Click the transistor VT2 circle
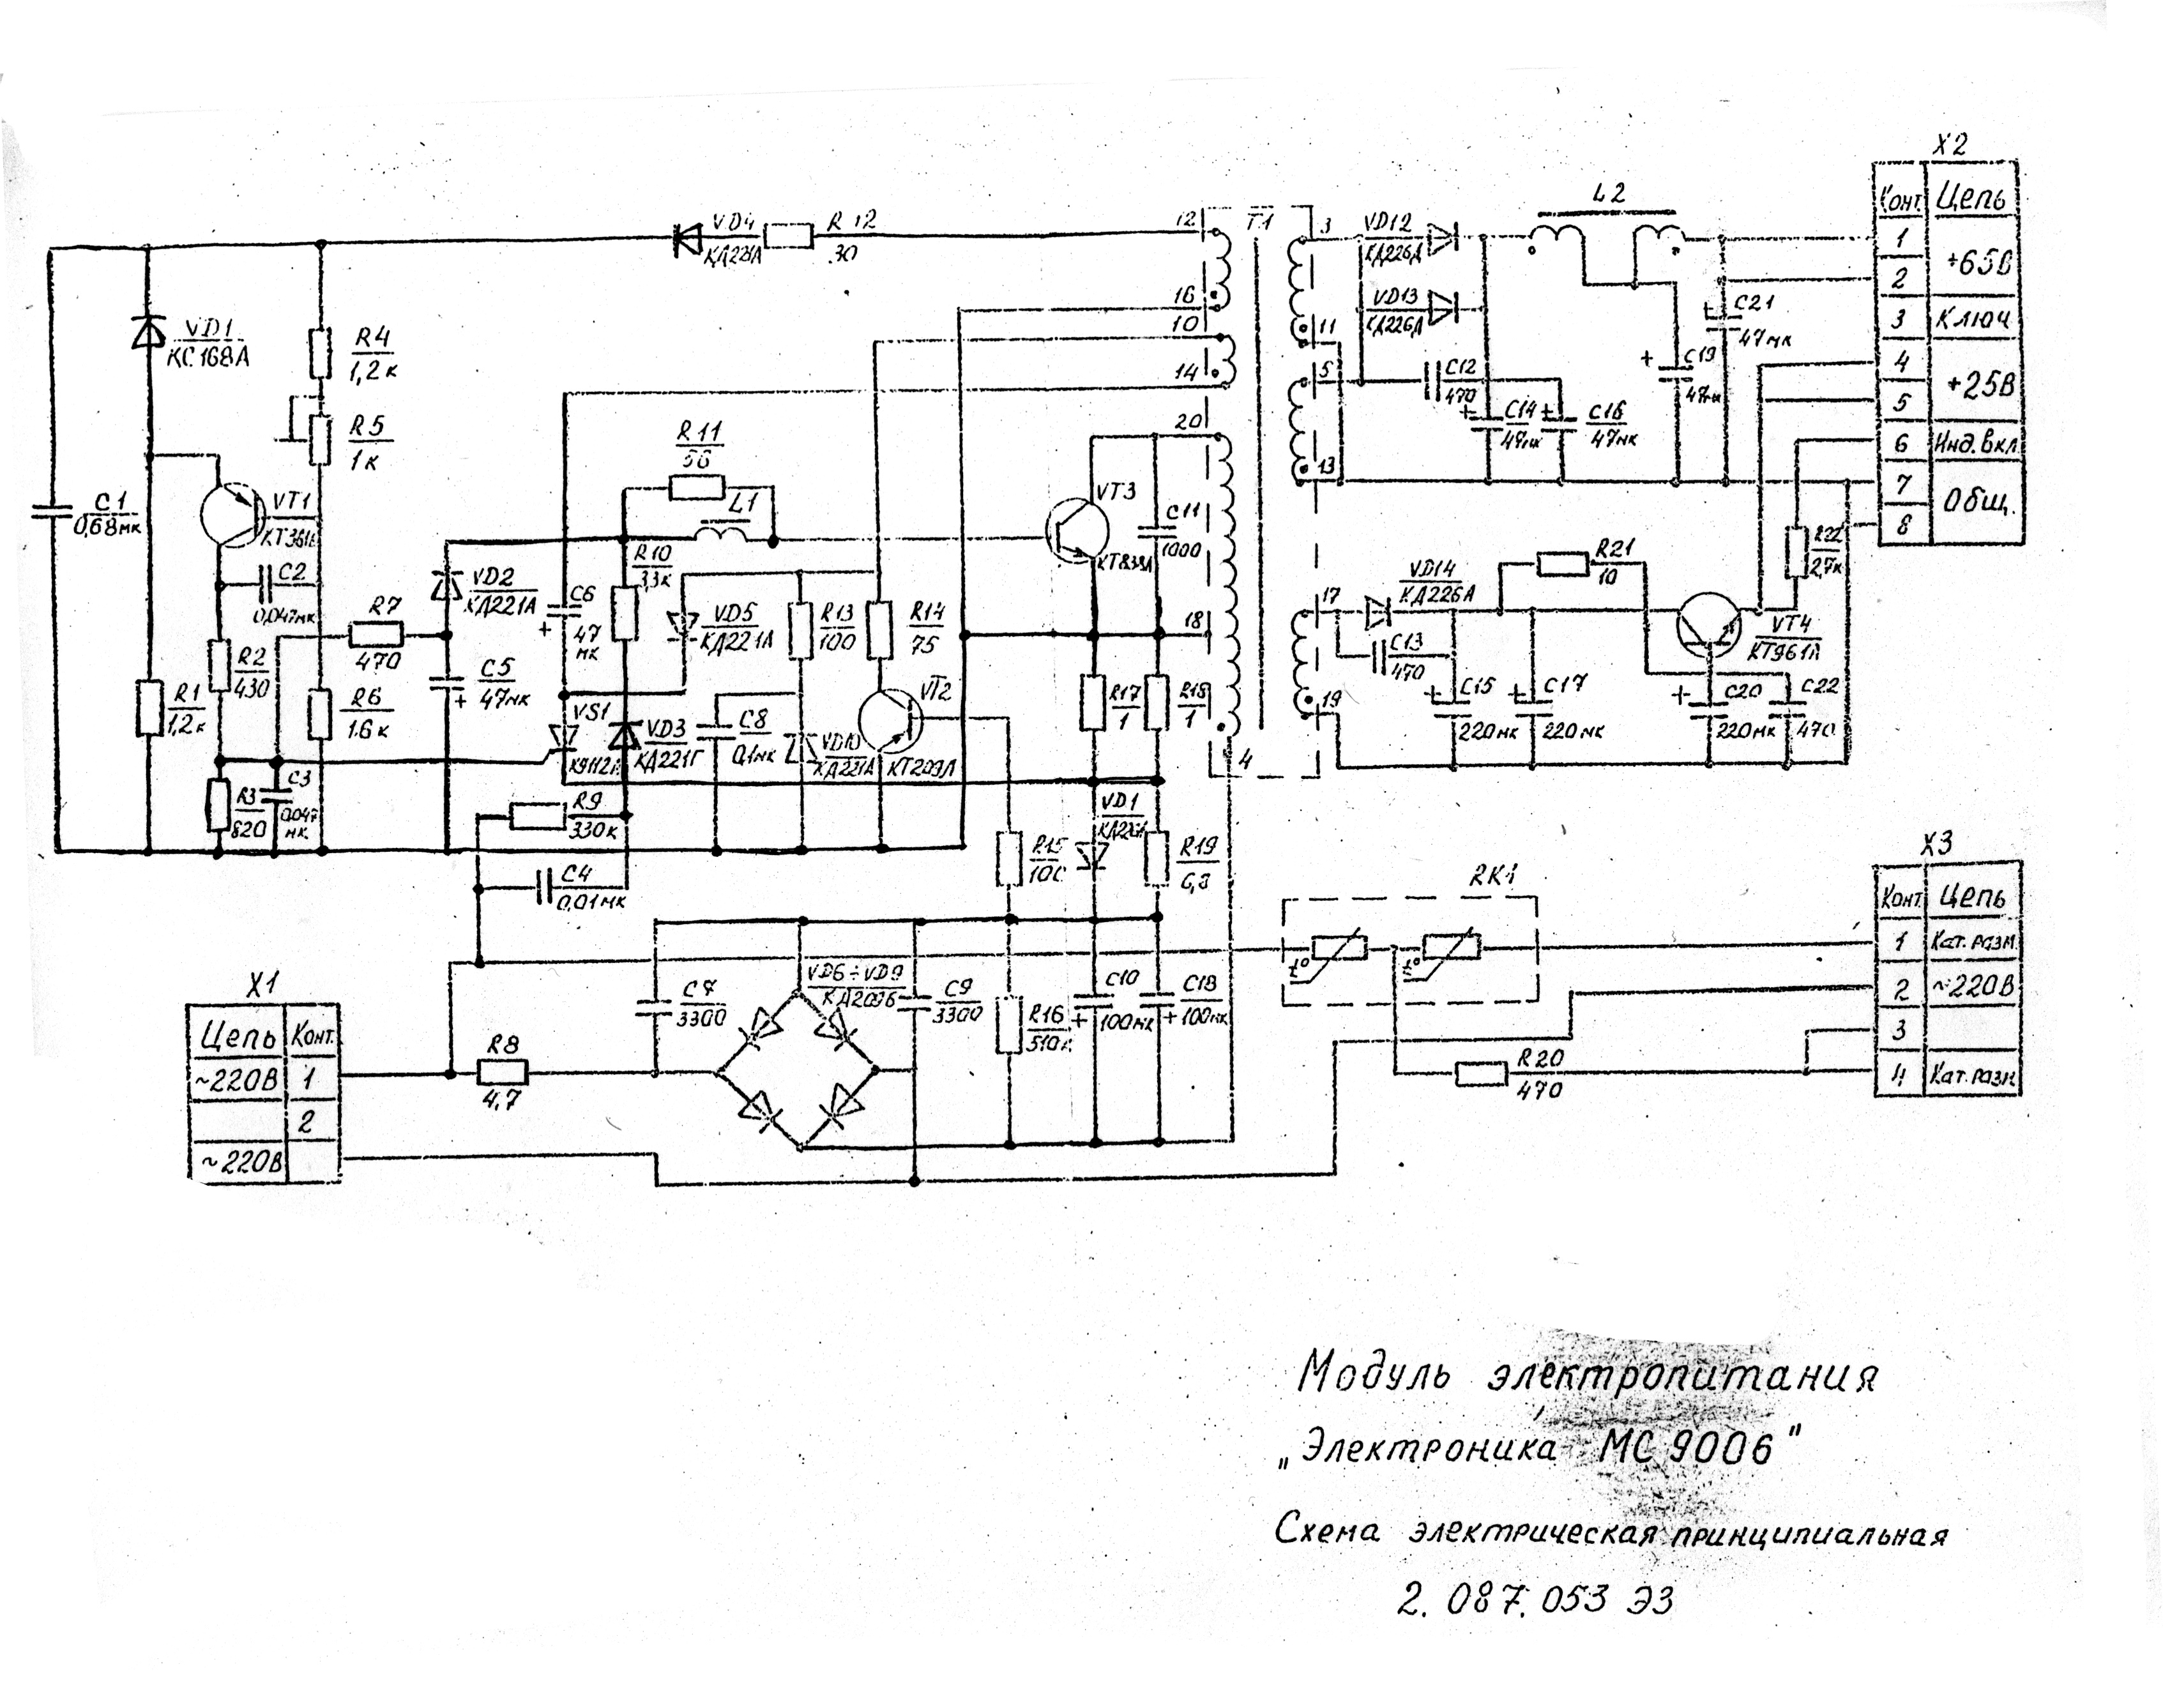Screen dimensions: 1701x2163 890,720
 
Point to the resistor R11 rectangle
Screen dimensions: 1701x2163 696,487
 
